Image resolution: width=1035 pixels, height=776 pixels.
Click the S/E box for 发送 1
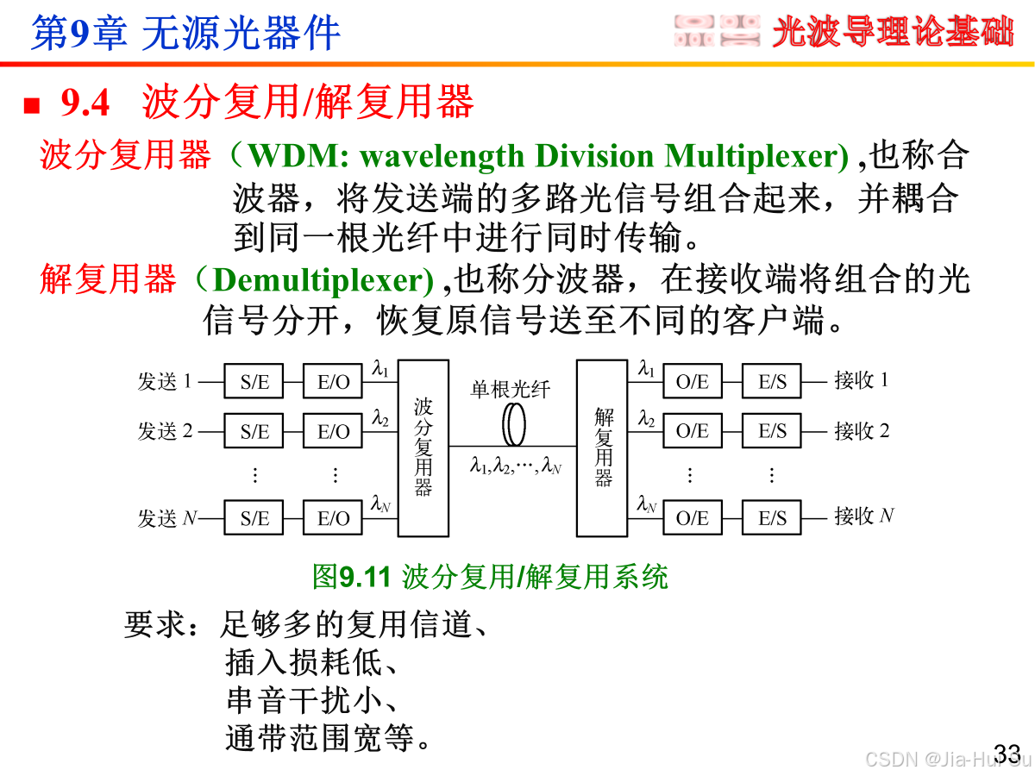254,382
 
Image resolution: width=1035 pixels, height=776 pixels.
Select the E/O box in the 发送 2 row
333,431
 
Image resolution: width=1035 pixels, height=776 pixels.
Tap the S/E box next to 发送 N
254,517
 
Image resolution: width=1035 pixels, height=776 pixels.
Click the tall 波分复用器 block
423,447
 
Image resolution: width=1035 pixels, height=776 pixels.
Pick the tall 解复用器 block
602,447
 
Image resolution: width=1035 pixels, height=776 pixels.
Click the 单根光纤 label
510,389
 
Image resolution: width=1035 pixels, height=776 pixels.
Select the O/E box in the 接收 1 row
692,382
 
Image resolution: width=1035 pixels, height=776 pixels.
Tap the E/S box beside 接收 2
772,431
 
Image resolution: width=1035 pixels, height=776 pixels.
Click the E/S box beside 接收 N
772,517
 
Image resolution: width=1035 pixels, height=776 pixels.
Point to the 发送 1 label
165,381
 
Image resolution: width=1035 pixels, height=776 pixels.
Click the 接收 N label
863,516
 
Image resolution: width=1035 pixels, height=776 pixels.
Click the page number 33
1007,751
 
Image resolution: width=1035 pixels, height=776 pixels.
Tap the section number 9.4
85,103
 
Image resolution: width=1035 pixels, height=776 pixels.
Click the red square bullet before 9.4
32,105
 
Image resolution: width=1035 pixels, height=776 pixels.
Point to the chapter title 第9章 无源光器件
185,33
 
